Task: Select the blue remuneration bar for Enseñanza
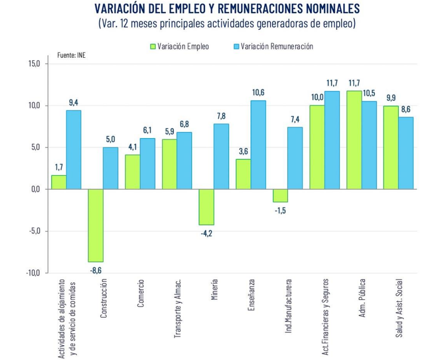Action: (258, 144)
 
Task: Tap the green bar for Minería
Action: (207, 207)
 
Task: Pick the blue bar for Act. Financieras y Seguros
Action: (332, 140)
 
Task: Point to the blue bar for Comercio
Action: (147, 164)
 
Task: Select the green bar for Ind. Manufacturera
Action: (280, 195)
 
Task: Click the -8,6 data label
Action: (96, 270)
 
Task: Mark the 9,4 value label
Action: (74, 102)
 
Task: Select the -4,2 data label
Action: (207, 233)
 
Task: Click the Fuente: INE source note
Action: (71, 55)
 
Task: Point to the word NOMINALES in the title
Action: (319, 9)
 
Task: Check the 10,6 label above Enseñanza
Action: (258, 92)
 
